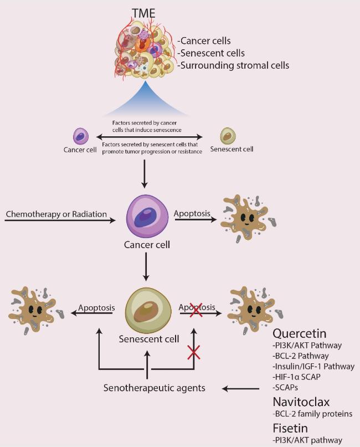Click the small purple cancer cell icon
click(81, 136)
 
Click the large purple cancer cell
click(148, 215)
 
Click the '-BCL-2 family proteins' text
click(313, 414)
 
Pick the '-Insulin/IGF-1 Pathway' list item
click(313, 367)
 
